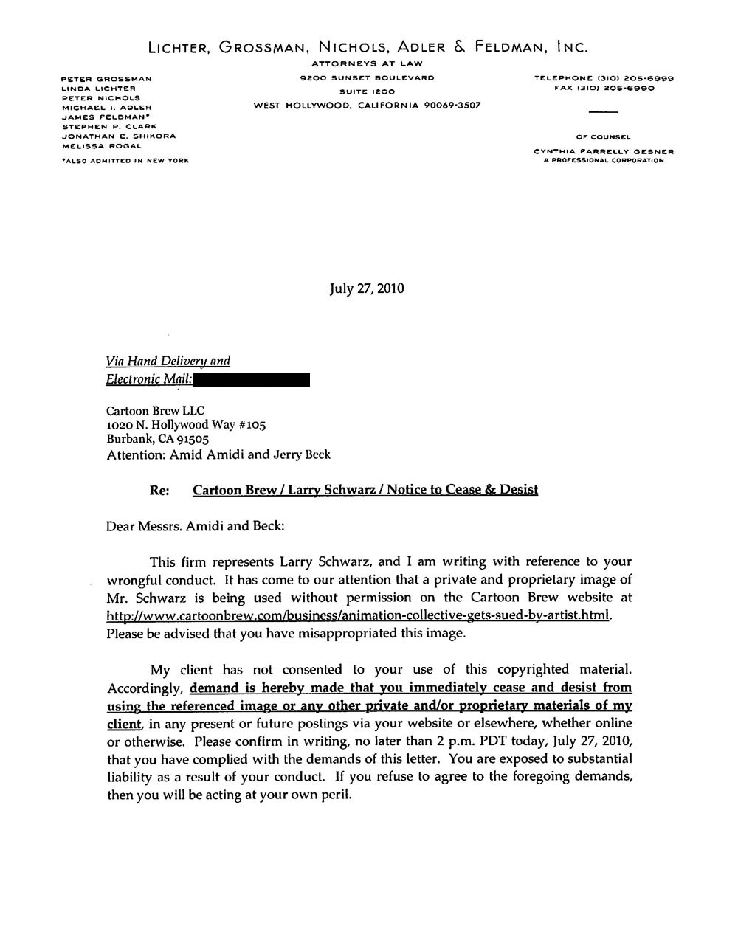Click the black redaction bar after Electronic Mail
click(x=252, y=380)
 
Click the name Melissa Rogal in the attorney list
click(x=101, y=146)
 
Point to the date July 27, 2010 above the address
click(x=367, y=288)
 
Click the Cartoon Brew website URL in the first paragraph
click(x=359, y=615)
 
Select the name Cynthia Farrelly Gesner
click(x=604, y=152)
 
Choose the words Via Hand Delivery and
click(x=168, y=361)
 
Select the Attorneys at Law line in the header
click(x=367, y=64)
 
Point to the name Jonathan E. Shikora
click(x=118, y=136)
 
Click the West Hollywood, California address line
click(x=367, y=106)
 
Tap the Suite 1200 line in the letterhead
click(x=367, y=91)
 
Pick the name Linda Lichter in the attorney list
click(x=98, y=88)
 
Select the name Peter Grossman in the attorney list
click(x=106, y=78)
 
